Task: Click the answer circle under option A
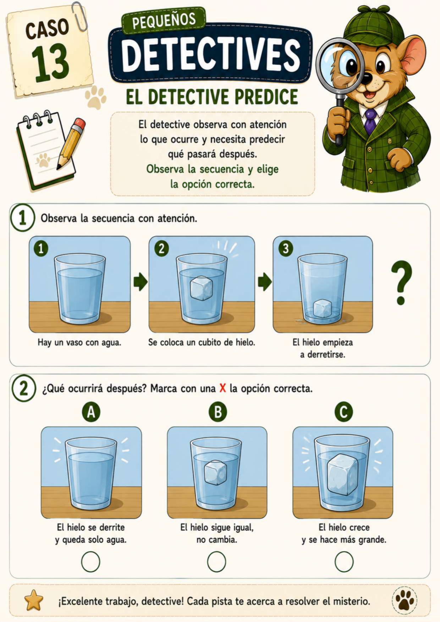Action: click(x=90, y=562)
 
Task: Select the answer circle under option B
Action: click(x=216, y=562)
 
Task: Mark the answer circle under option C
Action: click(x=344, y=562)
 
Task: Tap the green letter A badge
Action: click(x=91, y=412)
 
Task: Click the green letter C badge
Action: click(x=343, y=412)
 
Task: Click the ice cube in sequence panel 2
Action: click(x=201, y=288)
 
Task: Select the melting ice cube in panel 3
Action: click(x=323, y=308)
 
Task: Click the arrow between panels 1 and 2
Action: click(x=140, y=282)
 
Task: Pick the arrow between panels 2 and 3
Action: click(x=265, y=282)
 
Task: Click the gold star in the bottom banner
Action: click(x=34, y=600)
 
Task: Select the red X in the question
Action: click(x=223, y=388)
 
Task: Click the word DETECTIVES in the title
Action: click(x=211, y=55)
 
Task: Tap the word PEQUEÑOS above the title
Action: click(x=164, y=20)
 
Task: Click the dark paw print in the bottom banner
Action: click(x=405, y=600)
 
